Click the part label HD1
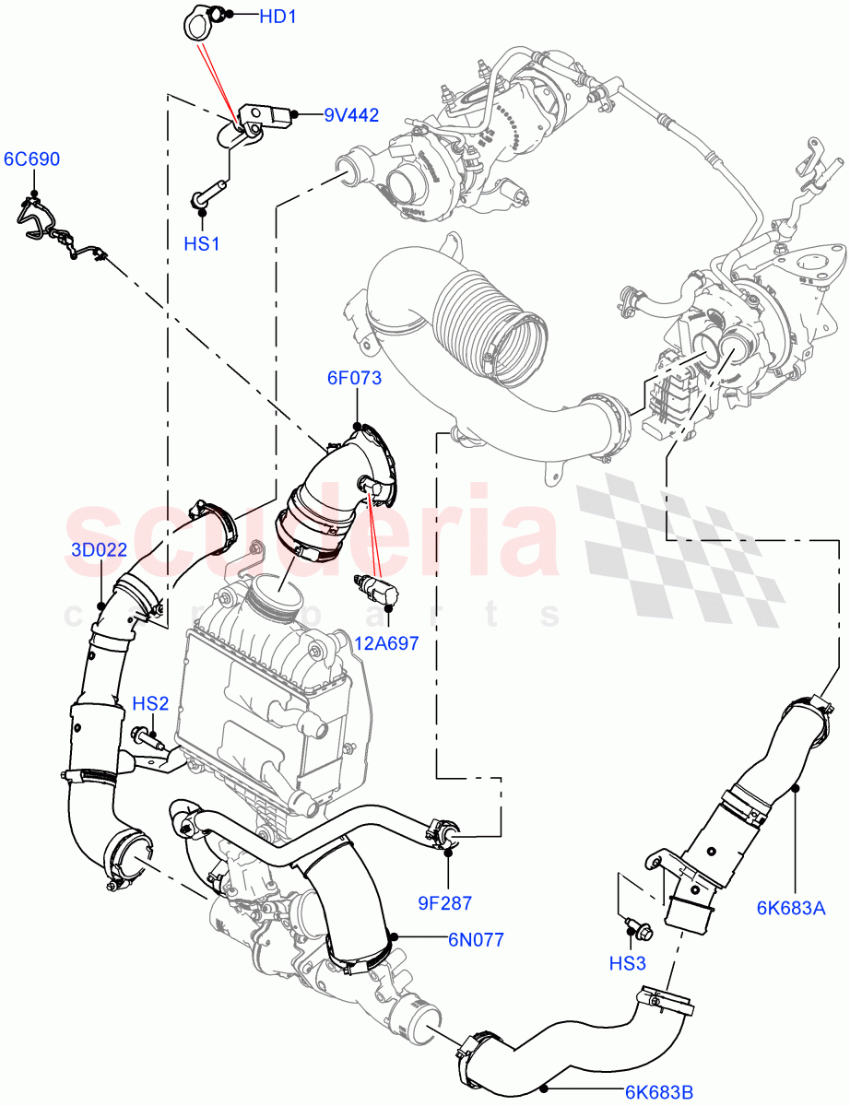click(x=277, y=17)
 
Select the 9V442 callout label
click(x=350, y=115)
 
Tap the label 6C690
click(x=31, y=159)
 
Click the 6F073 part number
click(x=353, y=378)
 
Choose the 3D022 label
click(x=99, y=550)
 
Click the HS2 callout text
click(x=150, y=704)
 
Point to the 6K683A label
click(x=791, y=908)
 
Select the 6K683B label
click(x=659, y=1093)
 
